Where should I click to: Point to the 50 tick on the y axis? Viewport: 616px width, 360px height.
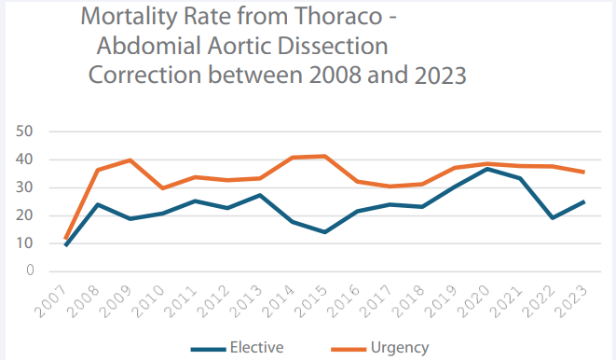pos(25,132)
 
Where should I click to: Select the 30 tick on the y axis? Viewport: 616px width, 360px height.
pos(25,187)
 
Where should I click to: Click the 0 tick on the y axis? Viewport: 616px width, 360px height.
pos(30,271)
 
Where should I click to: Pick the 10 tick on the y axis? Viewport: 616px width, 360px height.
pos(25,243)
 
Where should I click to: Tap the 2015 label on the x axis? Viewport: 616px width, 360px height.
pos(314,299)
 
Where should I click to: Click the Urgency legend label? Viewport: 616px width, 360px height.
pos(400,347)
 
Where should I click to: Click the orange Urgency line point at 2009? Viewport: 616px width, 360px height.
pos(130,160)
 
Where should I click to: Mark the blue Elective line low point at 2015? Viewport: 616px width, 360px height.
pos(324,232)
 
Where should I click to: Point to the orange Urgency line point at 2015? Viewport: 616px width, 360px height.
pos(324,156)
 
